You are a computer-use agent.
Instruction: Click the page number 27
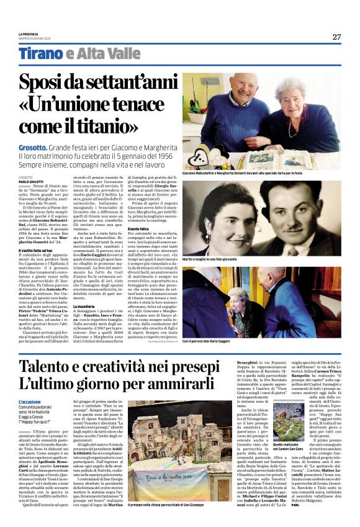(336, 37)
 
